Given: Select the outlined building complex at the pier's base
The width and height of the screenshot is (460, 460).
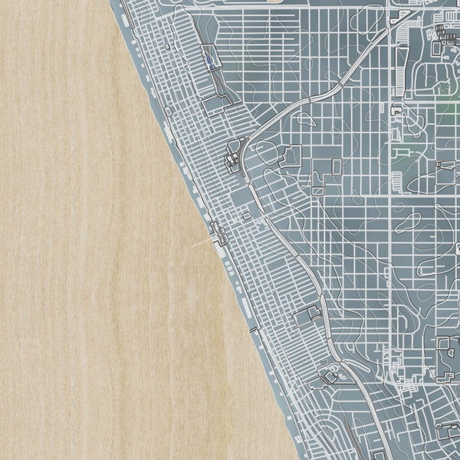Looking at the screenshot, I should click(x=218, y=230).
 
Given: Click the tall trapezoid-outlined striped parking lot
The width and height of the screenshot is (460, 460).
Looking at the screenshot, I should click(x=397, y=182).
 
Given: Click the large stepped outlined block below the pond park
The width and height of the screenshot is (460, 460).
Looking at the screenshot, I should click(x=291, y=157).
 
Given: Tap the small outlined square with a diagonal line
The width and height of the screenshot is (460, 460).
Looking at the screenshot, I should click(x=337, y=165).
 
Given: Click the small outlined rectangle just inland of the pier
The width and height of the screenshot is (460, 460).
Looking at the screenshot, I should click(x=246, y=217).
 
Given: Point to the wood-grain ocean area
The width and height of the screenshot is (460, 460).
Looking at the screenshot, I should click(x=92, y=268).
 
